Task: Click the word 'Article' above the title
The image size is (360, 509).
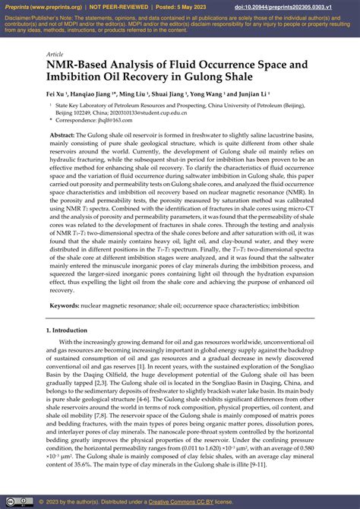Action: click(x=55, y=55)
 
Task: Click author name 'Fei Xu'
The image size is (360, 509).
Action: click(x=56, y=95)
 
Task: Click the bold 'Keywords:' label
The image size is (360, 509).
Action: click(x=66, y=305)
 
